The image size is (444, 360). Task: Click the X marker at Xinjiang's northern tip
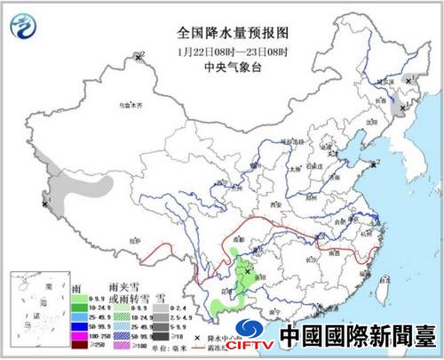tap(139, 57)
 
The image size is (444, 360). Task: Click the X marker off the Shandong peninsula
tap(377, 164)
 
